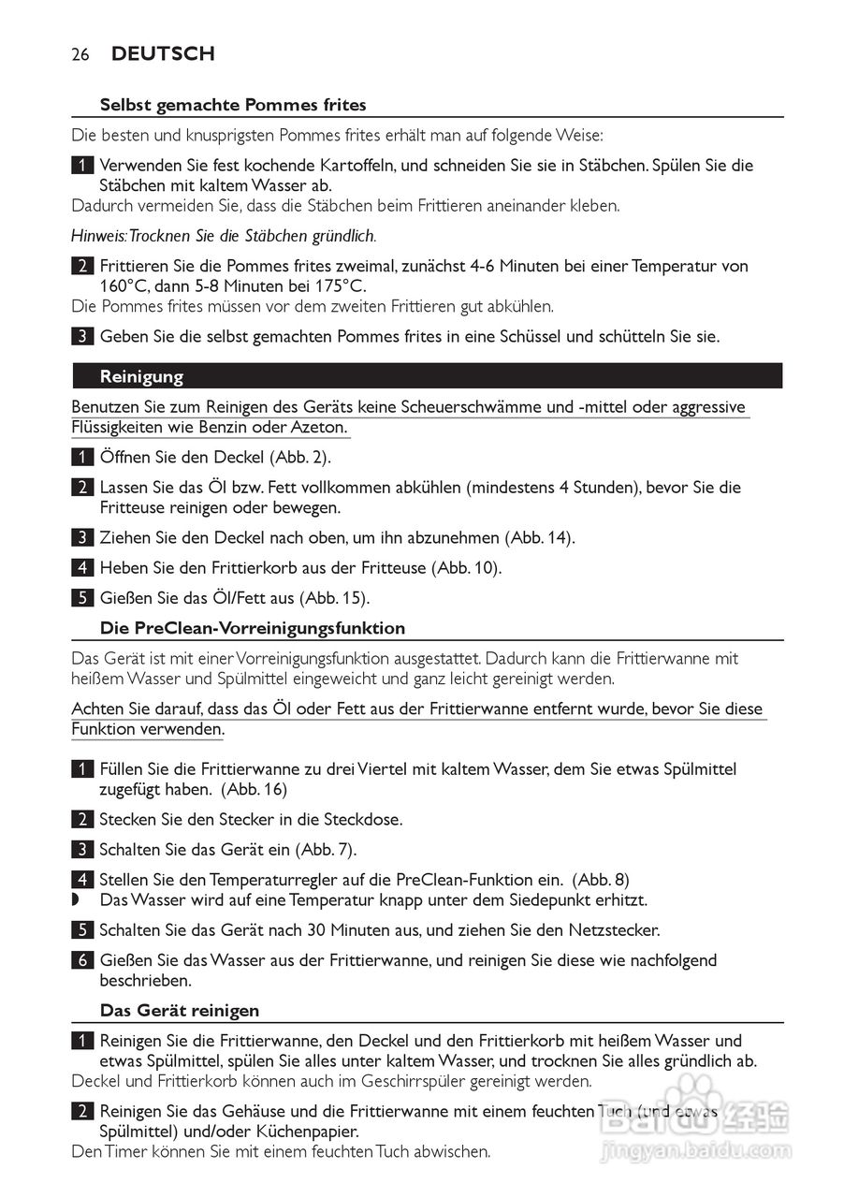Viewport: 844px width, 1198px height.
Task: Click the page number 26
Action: pyautogui.click(x=80, y=55)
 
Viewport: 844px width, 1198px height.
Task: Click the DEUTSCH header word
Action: pyautogui.click(x=163, y=54)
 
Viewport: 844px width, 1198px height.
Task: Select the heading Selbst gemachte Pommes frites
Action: pyautogui.click(x=233, y=105)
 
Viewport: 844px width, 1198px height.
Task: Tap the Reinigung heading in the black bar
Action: pyautogui.click(x=141, y=377)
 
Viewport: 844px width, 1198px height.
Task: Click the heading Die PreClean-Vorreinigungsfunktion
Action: pyautogui.click(x=253, y=628)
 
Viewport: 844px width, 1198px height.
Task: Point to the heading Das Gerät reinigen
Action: pyautogui.click(x=180, y=1011)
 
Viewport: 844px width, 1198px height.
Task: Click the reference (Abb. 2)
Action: pyautogui.click(x=301, y=459)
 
